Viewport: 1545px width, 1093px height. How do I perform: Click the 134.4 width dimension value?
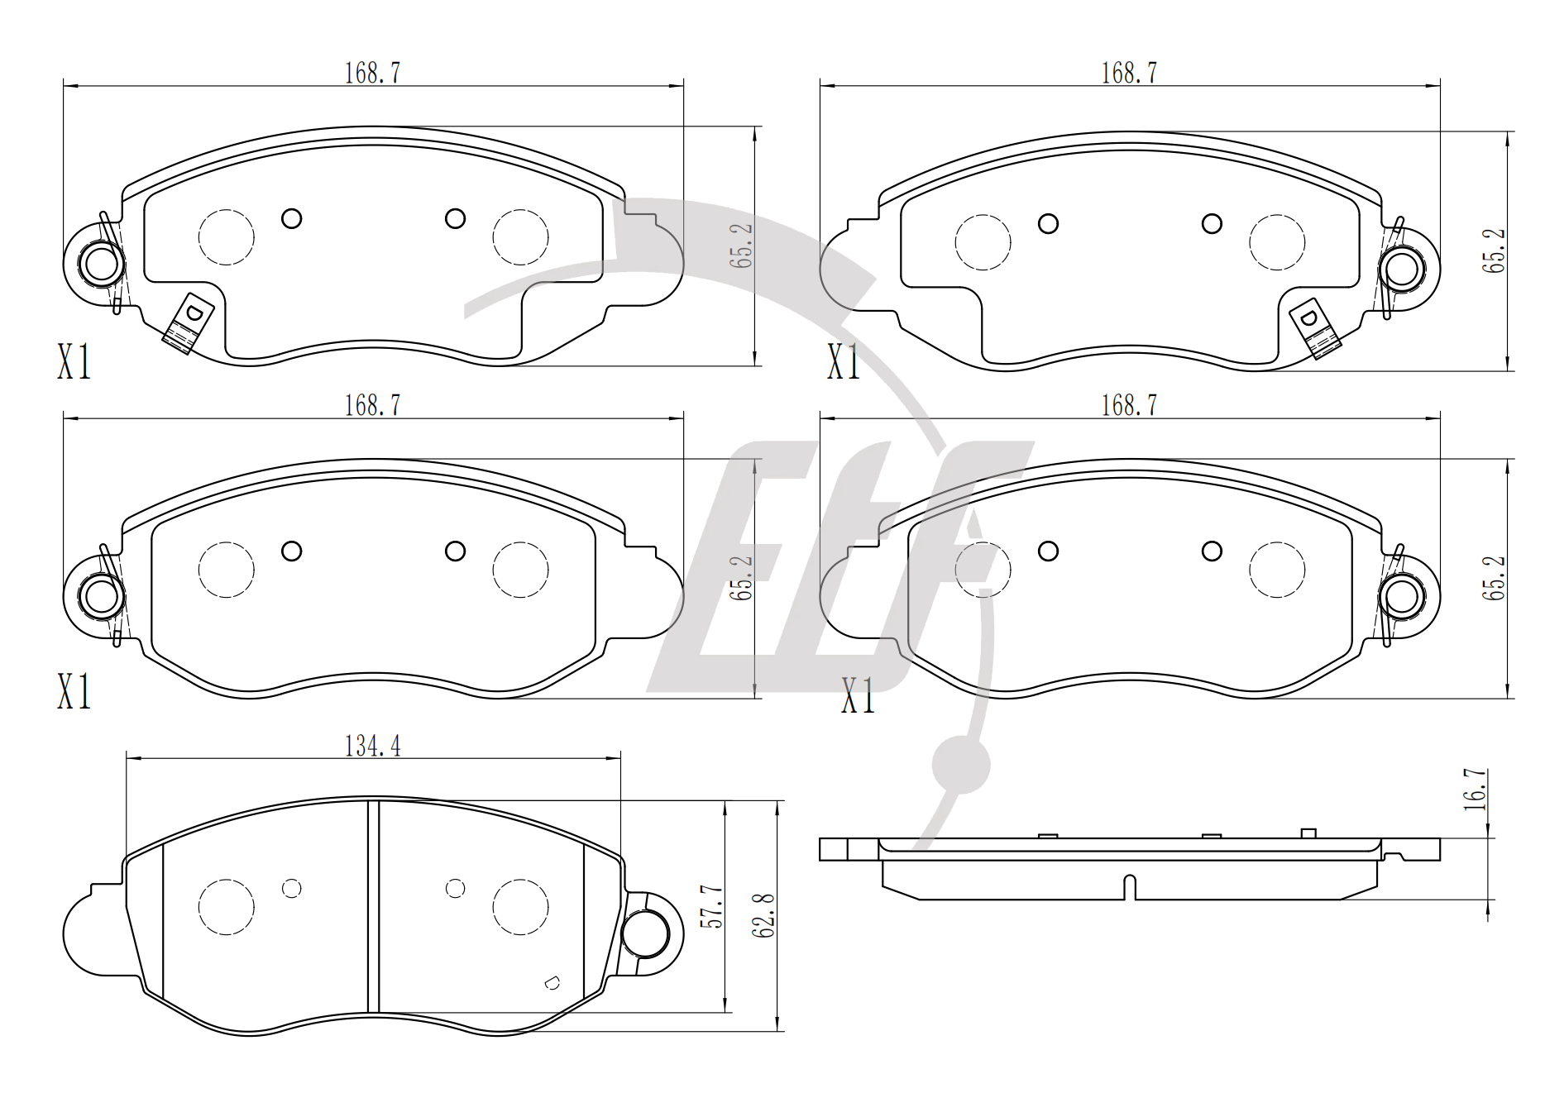click(372, 746)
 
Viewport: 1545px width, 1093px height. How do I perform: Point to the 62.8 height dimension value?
click(765, 915)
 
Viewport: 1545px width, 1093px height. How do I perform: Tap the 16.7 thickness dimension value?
click(1476, 789)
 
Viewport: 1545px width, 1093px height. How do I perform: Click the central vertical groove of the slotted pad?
click(373, 906)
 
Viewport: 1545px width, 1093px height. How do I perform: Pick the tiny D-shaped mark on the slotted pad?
click(552, 983)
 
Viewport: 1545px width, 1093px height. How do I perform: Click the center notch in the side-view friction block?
click(1129, 887)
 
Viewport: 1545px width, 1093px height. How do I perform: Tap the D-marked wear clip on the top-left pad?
click(189, 323)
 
